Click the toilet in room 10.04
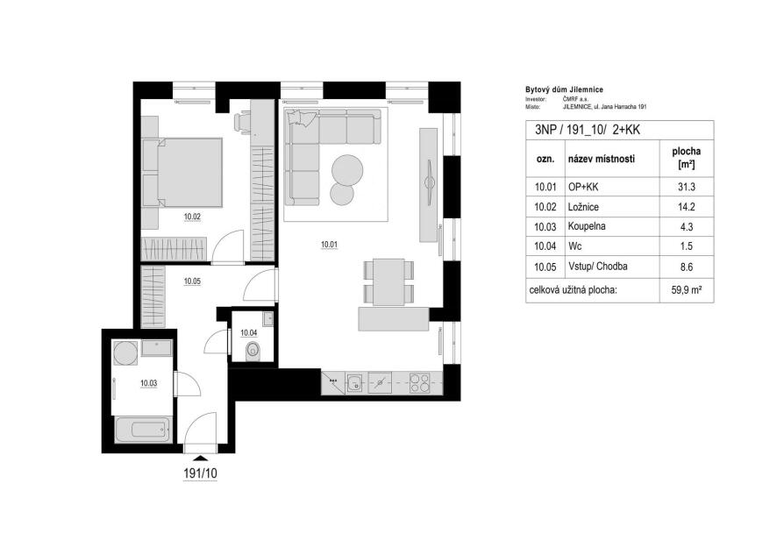(x=253, y=351)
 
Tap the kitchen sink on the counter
(x=356, y=382)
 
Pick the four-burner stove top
(x=419, y=382)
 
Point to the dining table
(x=389, y=281)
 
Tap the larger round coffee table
(x=347, y=169)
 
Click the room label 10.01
(x=330, y=245)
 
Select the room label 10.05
(x=192, y=281)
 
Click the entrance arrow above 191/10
(x=201, y=458)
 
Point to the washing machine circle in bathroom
(x=125, y=353)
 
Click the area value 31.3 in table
(x=687, y=187)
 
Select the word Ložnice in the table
(x=583, y=207)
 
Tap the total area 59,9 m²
(x=687, y=290)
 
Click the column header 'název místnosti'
(x=602, y=159)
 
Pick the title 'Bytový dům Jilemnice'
(x=564, y=90)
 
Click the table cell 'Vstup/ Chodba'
(x=598, y=267)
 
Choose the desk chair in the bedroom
(x=243, y=122)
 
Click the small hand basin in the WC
(x=268, y=318)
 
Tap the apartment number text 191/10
(x=201, y=473)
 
